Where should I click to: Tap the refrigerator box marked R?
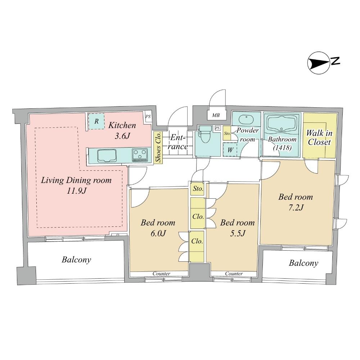coord(96,122)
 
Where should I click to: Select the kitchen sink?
coord(107,156)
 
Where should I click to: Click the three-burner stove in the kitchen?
coord(140,155)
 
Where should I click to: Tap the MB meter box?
coord(216,116)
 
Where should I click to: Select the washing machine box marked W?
coord(230,149)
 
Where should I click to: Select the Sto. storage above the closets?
coord(197,189)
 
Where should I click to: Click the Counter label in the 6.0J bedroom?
coord(161,274)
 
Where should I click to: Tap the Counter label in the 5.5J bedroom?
coord(234,274)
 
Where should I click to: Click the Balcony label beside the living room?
coord(76,260)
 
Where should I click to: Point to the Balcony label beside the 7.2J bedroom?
coord(303,263)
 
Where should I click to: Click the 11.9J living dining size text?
coord(76,191)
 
